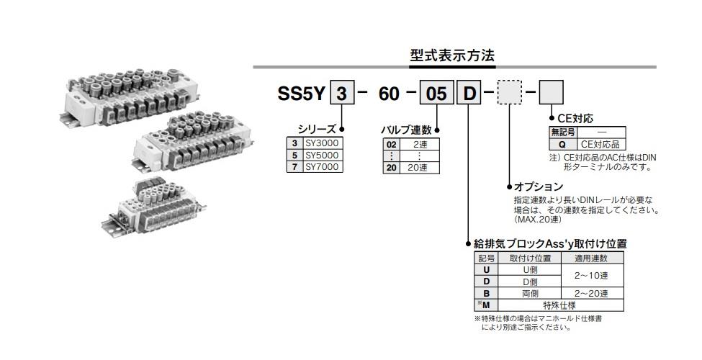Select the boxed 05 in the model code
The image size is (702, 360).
(436, 94)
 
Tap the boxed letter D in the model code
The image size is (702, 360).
(468, 94)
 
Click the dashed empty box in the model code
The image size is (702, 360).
(510, 94)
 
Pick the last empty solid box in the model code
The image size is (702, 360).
(552, 94)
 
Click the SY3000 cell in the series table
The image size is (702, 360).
(320, 143)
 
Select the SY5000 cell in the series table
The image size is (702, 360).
(320, 155)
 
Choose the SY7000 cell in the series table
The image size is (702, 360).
(320, 166)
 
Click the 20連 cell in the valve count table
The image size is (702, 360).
(418, 168)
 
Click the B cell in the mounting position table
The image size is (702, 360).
(486, 293)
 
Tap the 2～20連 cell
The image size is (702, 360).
(591, 293)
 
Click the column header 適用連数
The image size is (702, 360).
(591, 258)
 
